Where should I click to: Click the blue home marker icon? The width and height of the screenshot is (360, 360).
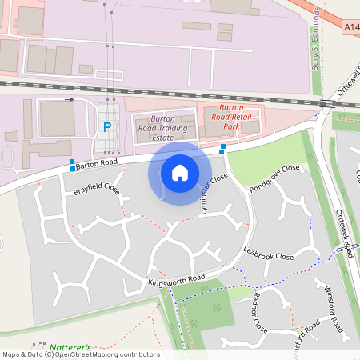click(180, 172)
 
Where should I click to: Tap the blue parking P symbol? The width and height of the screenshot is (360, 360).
click(106, 126)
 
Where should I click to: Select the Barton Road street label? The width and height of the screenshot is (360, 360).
click(98, 162)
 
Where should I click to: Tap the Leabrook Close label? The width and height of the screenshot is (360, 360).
click(269, 256)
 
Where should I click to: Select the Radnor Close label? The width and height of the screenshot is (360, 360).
click(258, 312)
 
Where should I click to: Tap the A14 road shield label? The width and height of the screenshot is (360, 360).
click(351, 27)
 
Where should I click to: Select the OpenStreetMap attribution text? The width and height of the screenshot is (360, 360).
click(80, 354)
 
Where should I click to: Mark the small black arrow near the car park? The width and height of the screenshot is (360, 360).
click(69, 100)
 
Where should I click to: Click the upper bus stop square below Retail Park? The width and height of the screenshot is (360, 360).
click(223, 147)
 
